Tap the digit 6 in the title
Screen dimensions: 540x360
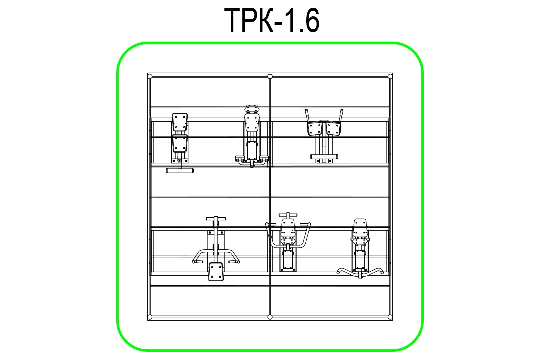click(311, 20)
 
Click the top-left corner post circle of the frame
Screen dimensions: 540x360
click(150, 76)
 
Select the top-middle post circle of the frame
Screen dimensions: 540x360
click(270, 76)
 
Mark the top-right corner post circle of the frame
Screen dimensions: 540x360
click(390, 76)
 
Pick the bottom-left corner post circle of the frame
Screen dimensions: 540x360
click(150, 317)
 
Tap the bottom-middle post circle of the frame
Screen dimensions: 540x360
click(270, 317)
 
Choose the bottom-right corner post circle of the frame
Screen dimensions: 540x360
click(390, 317)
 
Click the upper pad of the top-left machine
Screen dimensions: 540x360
click(180, 122)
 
